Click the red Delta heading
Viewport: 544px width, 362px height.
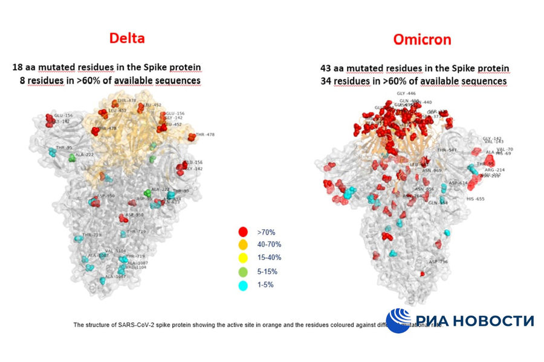127,39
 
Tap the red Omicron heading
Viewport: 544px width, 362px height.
422,40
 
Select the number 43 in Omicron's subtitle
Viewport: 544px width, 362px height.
327,68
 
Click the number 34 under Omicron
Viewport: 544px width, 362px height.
326,80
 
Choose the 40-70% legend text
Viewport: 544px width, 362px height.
269,244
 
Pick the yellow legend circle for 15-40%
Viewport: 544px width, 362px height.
243,258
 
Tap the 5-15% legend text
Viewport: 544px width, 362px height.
267,270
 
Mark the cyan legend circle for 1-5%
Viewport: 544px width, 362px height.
243,284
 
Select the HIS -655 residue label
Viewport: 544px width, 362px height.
475,198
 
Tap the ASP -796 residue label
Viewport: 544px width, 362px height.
439,262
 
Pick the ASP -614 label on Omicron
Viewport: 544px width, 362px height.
459,183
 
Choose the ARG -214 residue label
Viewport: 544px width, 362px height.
494,170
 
